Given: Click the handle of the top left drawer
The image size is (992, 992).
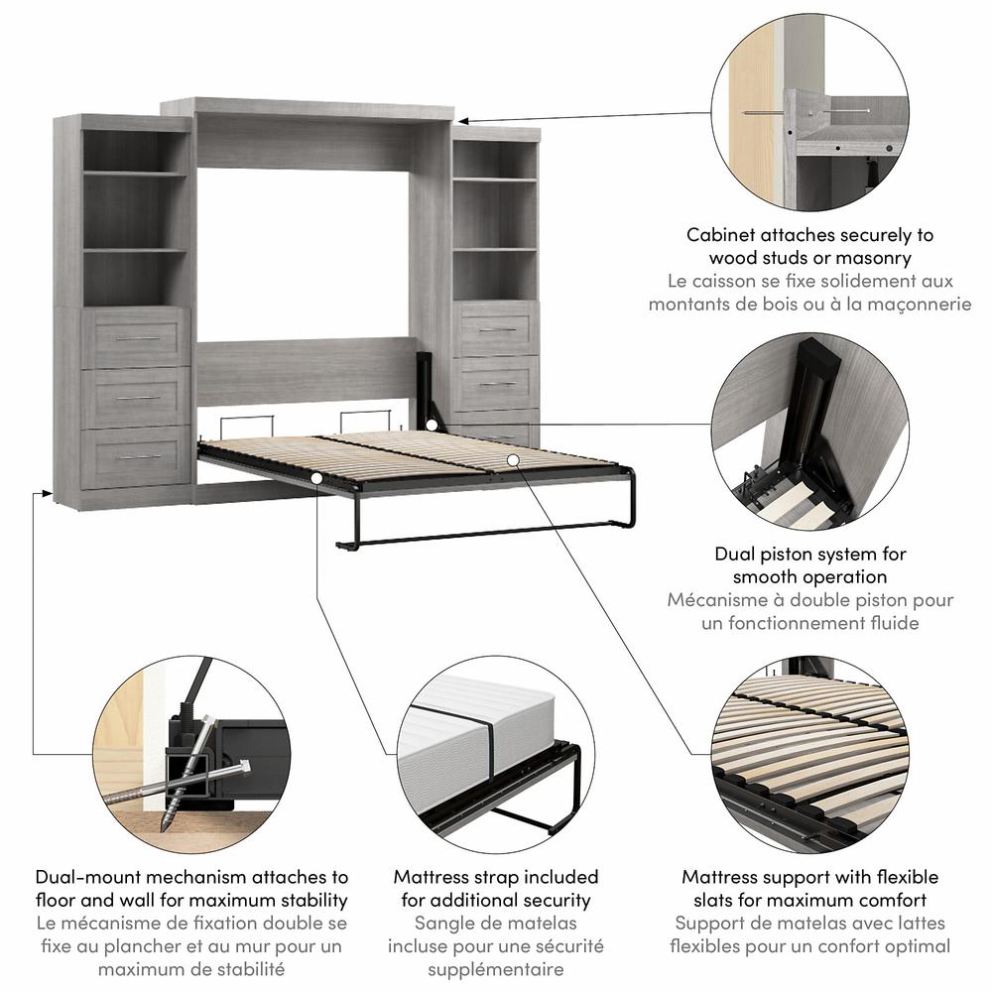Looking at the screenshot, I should [138, 338].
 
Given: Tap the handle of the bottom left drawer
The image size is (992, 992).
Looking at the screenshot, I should [138, 457].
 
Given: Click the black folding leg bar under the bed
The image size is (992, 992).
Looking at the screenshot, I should [486, 536].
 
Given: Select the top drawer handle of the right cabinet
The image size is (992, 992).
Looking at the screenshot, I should [497, 328].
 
